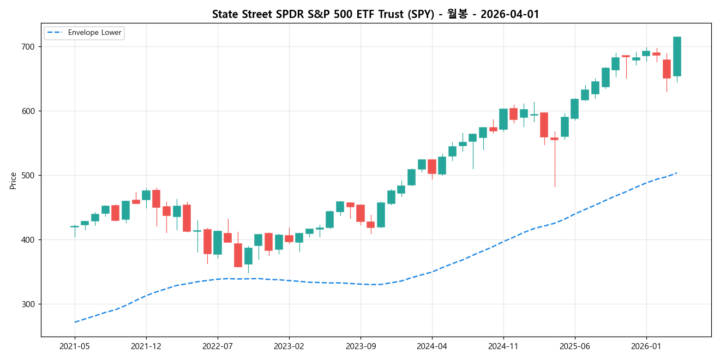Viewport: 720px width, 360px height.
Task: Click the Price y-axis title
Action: [13, 181]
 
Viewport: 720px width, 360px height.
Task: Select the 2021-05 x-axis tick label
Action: [75, 346]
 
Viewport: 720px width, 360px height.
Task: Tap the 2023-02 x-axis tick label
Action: [289, 346]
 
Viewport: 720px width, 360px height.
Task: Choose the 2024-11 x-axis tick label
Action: [503, 346]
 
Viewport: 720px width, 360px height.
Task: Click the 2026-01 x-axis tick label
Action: [646, 346]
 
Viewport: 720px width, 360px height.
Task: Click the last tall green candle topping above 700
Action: [677, 56]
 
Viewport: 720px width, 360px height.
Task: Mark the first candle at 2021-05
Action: [75, 226]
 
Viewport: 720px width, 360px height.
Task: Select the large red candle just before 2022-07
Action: [207, 241]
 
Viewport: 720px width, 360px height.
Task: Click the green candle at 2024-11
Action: [503, 119]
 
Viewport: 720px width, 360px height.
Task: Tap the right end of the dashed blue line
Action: [677, 173]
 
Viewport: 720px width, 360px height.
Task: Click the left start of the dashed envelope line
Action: [75, 322]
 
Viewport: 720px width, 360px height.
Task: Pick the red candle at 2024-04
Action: [432, 166]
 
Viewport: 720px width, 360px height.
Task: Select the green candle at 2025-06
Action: [575, 109]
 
